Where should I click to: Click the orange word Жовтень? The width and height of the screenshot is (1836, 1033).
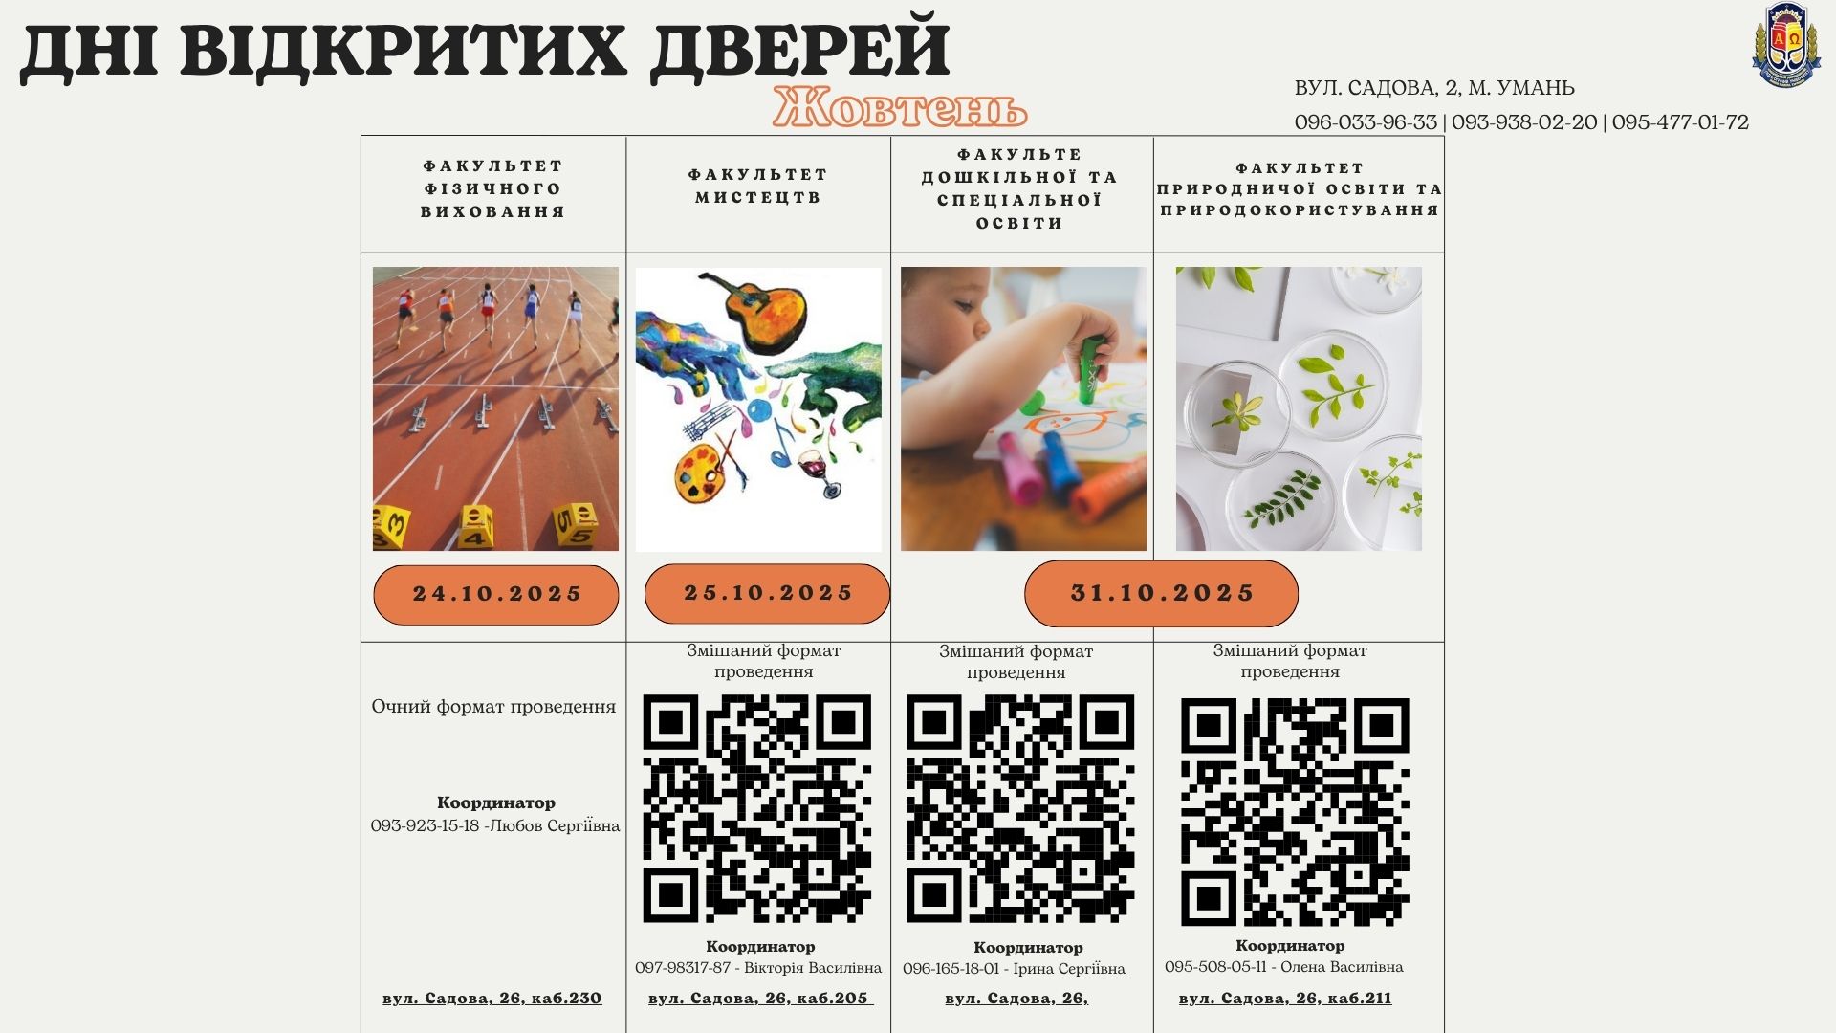click(x=900, y=107)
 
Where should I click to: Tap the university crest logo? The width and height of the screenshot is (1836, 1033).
click(x=1785, y=46)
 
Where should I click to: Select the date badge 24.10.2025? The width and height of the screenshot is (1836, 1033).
click(x=496, y=594)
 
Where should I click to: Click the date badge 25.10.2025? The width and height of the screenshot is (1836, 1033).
click(x=767, y=593)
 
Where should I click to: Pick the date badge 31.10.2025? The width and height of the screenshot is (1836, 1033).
click(x=1161, y=593)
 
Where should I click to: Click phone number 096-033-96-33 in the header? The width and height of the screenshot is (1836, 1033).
click(x=1366, y=122)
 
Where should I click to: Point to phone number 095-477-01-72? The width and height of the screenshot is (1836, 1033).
click(x=1680, y=122)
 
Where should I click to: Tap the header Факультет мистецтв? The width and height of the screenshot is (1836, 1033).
click(x=758, y=186)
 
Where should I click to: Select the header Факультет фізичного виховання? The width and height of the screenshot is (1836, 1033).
click(x=493, y=188)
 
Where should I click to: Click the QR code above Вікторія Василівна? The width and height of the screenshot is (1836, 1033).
click(x=757, y=809)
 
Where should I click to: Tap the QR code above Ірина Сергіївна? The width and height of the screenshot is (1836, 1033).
click(x=1020, y=809)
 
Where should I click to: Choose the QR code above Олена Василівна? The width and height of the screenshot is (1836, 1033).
click(x=1295, y=812)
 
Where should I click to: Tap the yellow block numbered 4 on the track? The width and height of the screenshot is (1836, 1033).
click(x=475, y=527)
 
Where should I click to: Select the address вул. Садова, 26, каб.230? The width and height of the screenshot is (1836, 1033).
click(x=492, y=999)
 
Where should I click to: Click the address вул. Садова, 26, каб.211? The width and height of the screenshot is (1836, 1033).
click(x=1285, y=999)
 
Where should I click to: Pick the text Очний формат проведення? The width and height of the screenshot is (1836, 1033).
click(x=493, y=707)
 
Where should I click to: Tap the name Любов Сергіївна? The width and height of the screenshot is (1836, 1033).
click(x=555, y=825)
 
